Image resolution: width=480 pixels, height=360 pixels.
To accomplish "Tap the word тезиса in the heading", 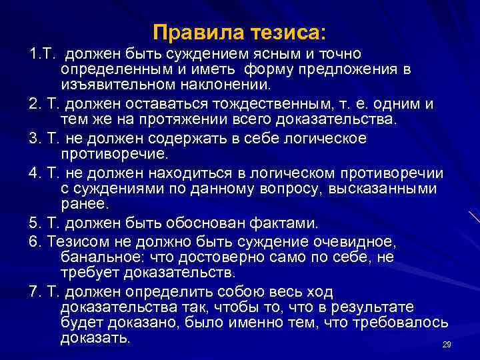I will (x=287, y=32).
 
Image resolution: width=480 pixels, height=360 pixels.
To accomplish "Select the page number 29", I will (x=447, y=344).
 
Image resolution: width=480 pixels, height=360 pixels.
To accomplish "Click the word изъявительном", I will (x=119, y=85).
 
